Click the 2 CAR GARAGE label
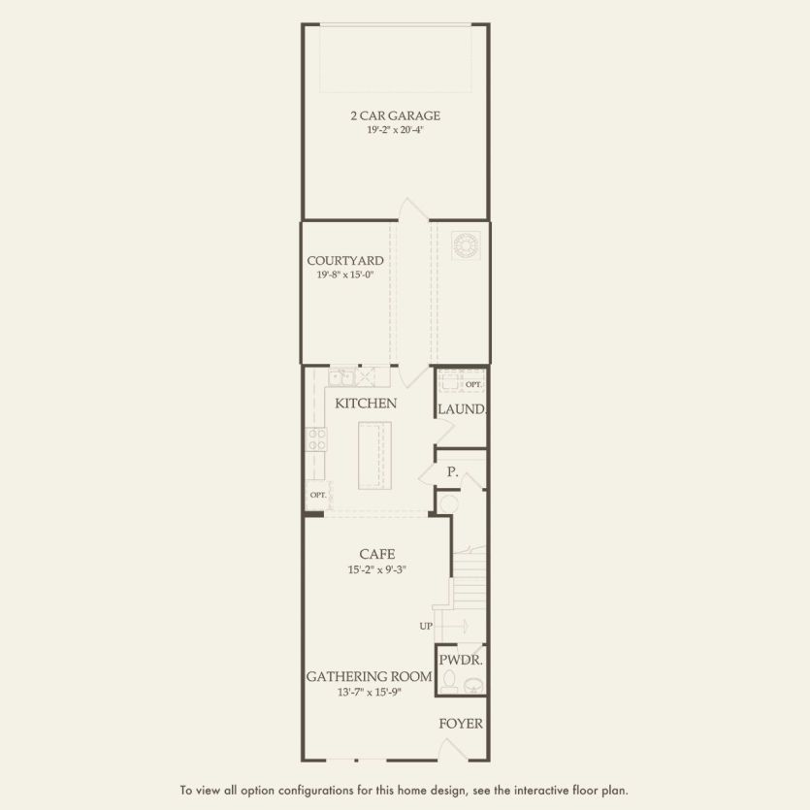coord(395,115)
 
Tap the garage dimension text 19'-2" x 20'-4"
coord(395,130)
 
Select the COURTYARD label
coord(344,260)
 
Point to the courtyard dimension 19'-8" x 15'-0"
coord(344,275)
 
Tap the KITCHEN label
coord(366,403)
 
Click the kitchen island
coord(374,456)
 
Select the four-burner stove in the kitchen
coord(316,439)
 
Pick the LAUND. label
coord(461,409)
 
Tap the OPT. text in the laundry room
coord(472,385)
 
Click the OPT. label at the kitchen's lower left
coord(317,494)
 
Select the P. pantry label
coord(452,471)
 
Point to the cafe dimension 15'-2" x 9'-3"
coord(375,569)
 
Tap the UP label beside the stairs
coord(426,626)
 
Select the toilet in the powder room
coord(448,685)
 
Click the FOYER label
coord(461,724)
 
